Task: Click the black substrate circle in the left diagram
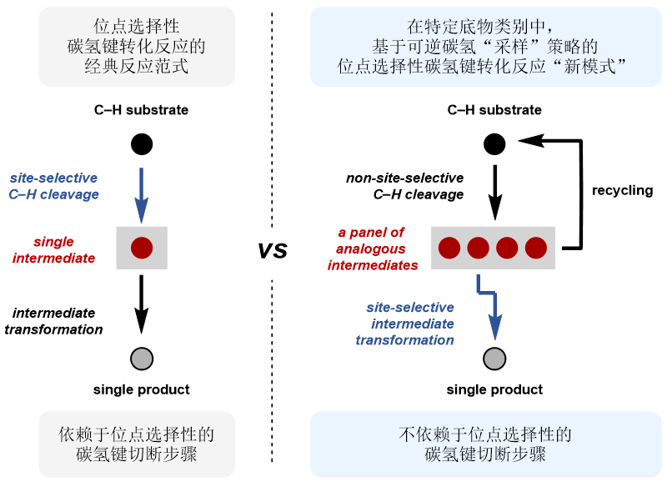coord(142,144)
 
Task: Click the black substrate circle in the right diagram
coord(494,144)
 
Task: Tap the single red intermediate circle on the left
coord(142,248)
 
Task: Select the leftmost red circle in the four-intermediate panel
coord(449,248)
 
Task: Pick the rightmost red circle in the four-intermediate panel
coord(536,248)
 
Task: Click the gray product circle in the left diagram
coord(142,359)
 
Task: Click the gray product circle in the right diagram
coord(494,359)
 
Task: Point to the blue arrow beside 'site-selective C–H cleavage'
coord(141,195)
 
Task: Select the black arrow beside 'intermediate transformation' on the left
coord(141,304)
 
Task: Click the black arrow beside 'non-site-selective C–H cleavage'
coord(494,193)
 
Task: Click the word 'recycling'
coord(622,190)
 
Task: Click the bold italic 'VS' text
coord(273,250)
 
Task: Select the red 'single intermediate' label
coord(53,249)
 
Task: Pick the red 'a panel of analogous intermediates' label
coord(373,249)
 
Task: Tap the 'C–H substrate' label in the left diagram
coord(141,110)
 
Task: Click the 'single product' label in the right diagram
coord(494,389)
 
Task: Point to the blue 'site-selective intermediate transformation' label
coord(405,324)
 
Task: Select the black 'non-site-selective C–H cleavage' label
coord(405,186)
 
